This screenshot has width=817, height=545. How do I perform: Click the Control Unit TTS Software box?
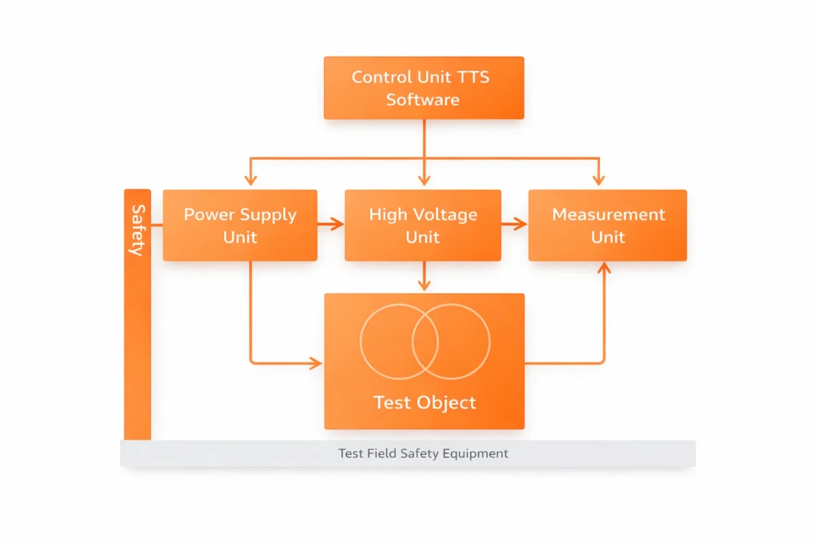[424, 88]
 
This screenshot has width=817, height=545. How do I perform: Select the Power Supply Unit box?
[240, 225]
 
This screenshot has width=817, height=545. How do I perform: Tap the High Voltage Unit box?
[423, 225]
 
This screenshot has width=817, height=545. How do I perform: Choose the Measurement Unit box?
[607, 225]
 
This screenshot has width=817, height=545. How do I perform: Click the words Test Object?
[424, 402]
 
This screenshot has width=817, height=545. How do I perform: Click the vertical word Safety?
[137, 230]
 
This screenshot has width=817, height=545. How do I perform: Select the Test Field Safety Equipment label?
[423, 453]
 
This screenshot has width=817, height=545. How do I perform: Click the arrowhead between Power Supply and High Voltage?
[338, 225]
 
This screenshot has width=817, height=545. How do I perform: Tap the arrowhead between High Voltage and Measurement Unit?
[522, 225]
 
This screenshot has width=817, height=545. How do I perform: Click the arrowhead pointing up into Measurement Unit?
[604, 268]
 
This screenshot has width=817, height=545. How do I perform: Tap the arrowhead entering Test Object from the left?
[317, 364]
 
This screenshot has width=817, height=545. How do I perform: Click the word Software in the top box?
[423, 100]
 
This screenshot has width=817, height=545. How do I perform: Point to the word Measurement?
[608, 214]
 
